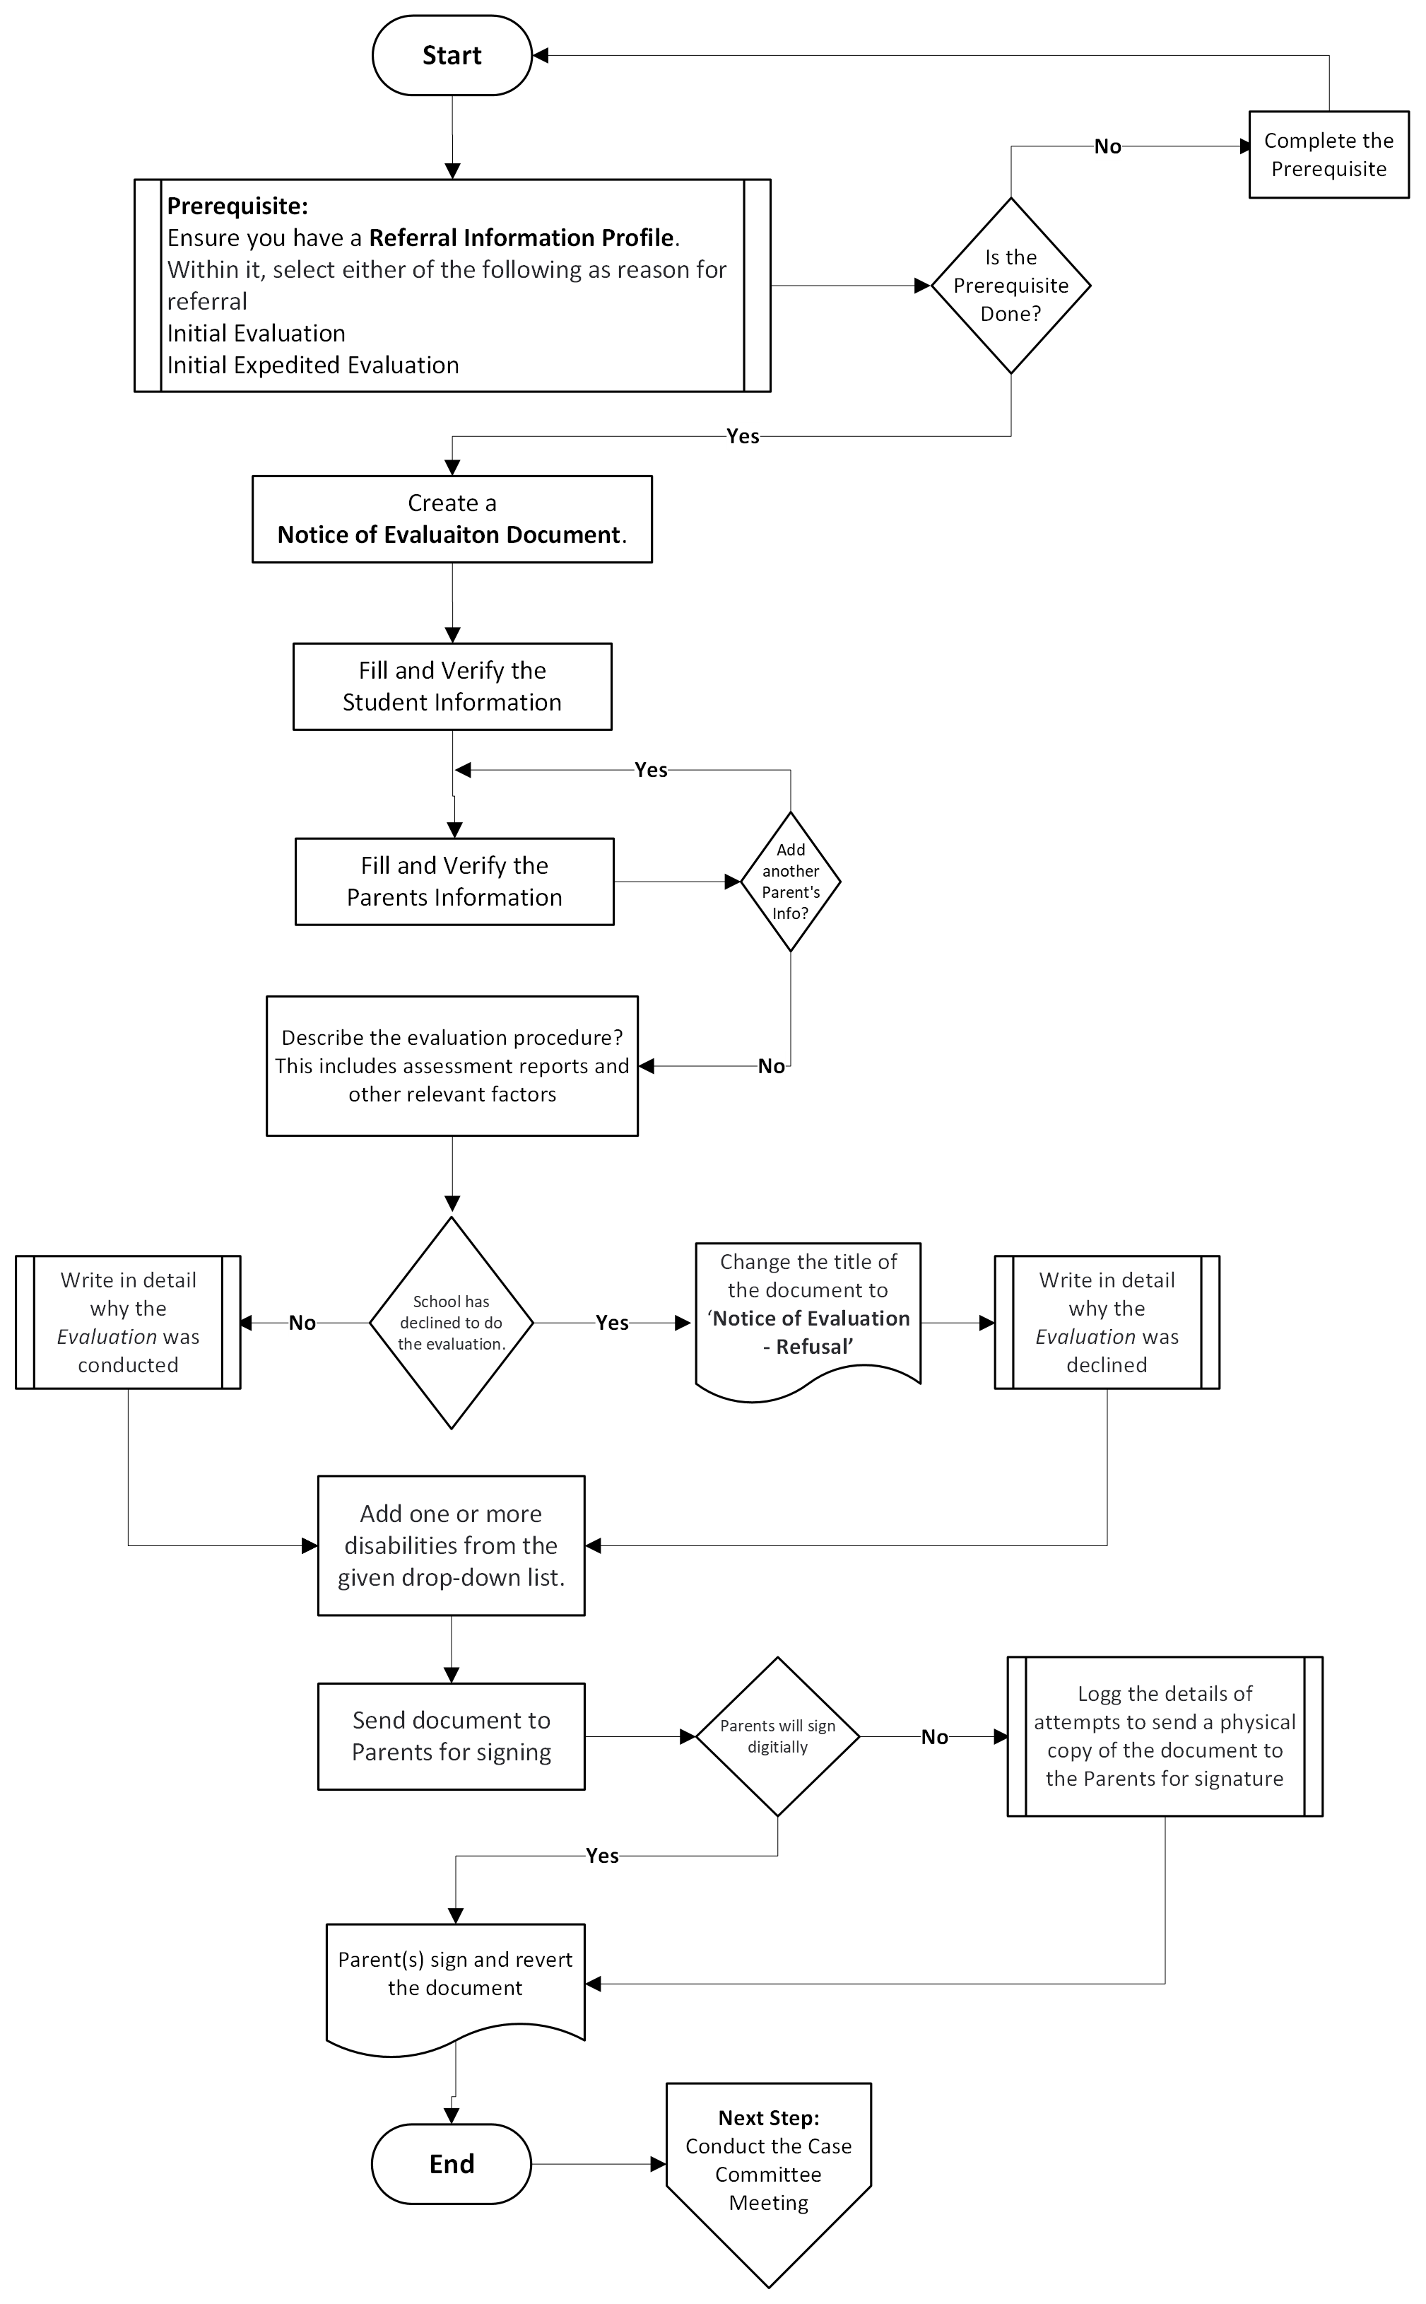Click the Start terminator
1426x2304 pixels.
tap(452, 56)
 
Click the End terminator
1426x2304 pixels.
tap(451, 2163)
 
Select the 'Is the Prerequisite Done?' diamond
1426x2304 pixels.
tap(1011, 285)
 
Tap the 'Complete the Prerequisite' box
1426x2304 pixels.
tap(1328, 155)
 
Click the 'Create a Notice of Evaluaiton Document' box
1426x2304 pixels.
tap(452, 519)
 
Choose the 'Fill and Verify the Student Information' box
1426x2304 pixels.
tap(452, 686)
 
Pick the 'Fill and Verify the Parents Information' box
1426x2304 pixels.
tap(454, 881)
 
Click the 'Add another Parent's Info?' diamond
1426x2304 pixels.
tap(790, 881)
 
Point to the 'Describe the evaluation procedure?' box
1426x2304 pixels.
tap(452, 1065)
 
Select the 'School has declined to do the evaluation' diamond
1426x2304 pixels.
tap(451, 1322)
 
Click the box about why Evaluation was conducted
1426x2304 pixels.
tap(129, 1322)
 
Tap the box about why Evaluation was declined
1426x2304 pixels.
tap(1107, 1322)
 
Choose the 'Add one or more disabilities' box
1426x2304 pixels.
tap(451, 1545)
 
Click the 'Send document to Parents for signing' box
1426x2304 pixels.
tap(451, 1736)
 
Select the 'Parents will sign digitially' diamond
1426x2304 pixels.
tap(777, 1736)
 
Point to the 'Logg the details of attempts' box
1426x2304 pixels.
tap(1164, 1736)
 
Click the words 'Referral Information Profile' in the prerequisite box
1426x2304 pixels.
tap(521, 238)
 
